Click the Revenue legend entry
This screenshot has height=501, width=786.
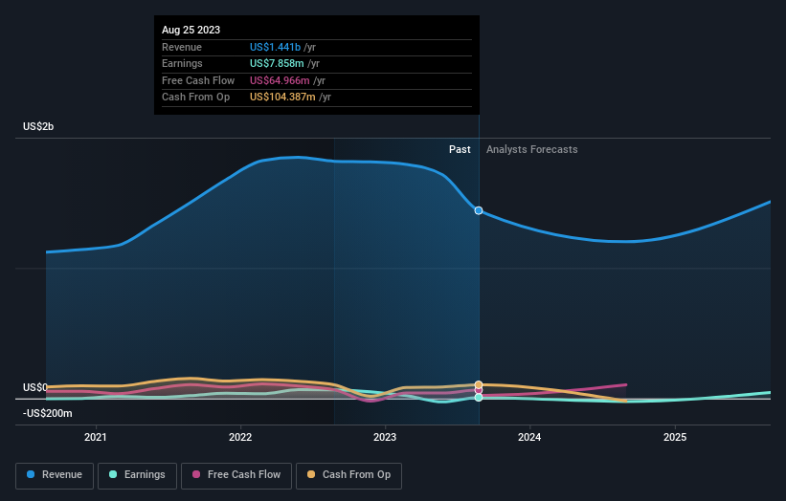pyautogui.click(x=55, y=474)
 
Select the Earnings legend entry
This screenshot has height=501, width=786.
pyautogui.click(x=137, y=474)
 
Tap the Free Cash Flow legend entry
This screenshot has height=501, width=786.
pyautogui.click(x=236, y=474)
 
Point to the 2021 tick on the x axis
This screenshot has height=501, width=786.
pyautogui.click(x=95, y=437)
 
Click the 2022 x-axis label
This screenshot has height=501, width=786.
pyautogui.click(x=239, y=437)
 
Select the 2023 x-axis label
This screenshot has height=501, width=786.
pyautogui.click(x=385, y=437)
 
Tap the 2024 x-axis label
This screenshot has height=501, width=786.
pyautogui.click(x=529, y=437)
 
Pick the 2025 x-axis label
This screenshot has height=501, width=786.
pyautogui.click(x=675, y=437)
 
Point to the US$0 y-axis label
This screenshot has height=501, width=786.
pyautogui.click(x=35, y=387)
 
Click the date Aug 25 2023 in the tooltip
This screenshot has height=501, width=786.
pyautogui.click(x=191, y=30)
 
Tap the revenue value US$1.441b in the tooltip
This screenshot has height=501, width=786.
pyautogui.click(x=275, y=47)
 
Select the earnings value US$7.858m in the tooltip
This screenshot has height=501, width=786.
pyautogui.click(x=276, y=63)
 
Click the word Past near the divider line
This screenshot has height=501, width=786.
pyautogui.click(x=460, y=149)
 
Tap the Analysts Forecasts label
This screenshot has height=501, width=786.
pyautogui.click(x=531, y=149)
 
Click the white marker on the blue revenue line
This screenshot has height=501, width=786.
pyautogui.click(x=479, y=210)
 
